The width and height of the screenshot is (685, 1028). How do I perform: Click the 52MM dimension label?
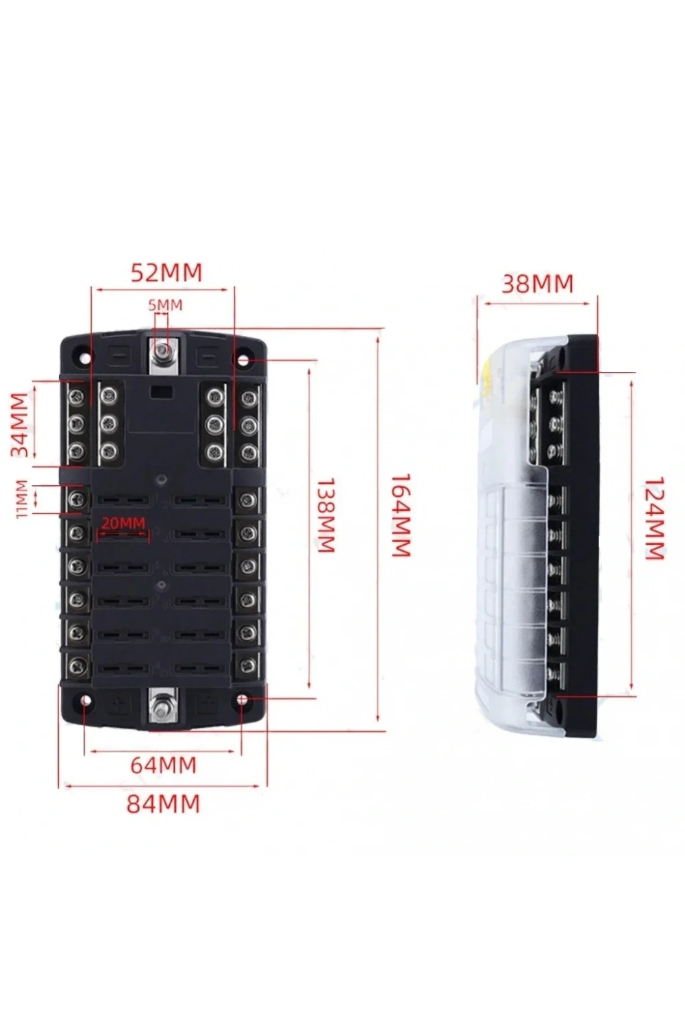click(x=166, y=273)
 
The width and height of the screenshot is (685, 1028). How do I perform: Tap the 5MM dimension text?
click(x=165, y=305)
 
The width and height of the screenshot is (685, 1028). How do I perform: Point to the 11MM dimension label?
click(x=22, y=499)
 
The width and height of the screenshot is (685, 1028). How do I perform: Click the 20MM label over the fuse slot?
click(x=123, y=523)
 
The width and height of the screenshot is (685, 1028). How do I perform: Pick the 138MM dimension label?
click(x=326, y=516)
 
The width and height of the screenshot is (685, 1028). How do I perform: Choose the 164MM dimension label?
click(x=400, y=516)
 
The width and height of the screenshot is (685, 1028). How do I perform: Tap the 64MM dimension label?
click(x=163, y=765)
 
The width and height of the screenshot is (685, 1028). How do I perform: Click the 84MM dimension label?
click(x=163, y=804)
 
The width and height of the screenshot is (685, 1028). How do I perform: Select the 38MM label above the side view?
click(x=537, y=284)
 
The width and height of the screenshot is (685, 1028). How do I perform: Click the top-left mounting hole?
click(x=84, y=358)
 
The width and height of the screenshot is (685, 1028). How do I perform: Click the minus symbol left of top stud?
click(x=121, y=356)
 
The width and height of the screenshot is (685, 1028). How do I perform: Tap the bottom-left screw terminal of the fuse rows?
click(x=76, y=664)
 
